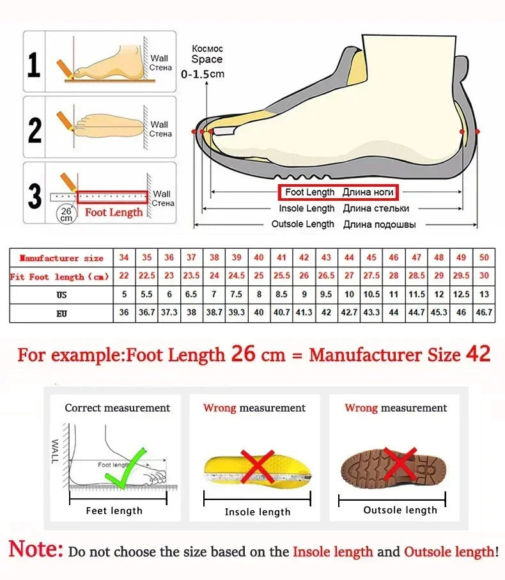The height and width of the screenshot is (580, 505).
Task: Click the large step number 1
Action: click(35, 65)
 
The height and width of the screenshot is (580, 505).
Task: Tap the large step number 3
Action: click(35, 196)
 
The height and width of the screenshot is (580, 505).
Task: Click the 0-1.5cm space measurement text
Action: click(203, 74)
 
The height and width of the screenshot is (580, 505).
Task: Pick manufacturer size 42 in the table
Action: click(304, 258)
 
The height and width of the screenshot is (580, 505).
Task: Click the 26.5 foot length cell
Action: click(326, 276)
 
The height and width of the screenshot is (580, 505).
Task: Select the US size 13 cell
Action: click(483, 295)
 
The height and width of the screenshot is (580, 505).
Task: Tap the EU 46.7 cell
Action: click(483, 313)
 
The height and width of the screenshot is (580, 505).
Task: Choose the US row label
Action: click(61, 295)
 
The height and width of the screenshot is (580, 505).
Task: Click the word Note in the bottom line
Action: click(36, 550)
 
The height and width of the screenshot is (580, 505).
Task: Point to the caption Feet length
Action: click(114, 510)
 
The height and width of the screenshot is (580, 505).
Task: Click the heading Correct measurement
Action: click(117, 408)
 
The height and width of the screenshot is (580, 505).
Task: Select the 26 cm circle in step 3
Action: click(66, 213)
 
